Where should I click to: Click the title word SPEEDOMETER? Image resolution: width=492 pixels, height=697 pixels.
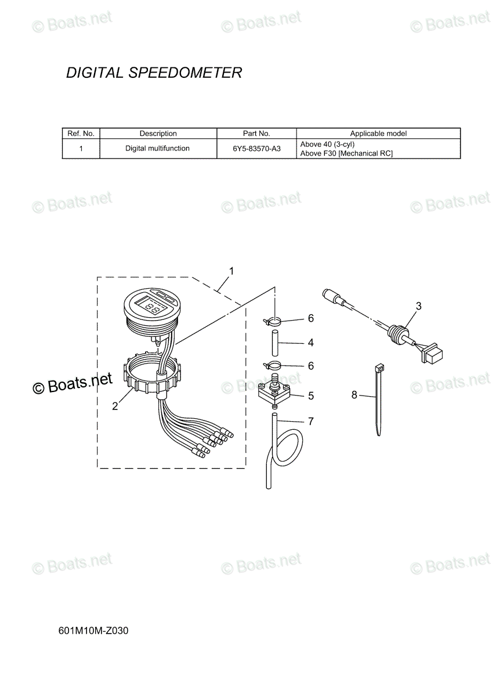click(185, 73)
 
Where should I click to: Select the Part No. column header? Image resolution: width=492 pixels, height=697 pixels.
click(256, 134)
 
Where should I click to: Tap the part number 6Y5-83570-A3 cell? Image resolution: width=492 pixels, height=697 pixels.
click(256, 149)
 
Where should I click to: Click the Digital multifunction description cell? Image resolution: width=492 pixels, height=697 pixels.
click(157, 149)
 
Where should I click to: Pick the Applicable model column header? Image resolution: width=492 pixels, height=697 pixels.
click(378, 134)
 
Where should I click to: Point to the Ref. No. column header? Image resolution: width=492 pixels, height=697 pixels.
click(81, 134)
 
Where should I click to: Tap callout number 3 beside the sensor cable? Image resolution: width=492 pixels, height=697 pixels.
click(419, 306)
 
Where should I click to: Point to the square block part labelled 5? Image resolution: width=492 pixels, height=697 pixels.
click(274, 393)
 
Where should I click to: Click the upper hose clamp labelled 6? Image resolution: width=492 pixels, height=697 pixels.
click(273, 321)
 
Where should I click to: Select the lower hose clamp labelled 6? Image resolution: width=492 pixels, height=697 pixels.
click(273, 364)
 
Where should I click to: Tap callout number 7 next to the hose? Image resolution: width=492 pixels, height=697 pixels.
click(311, 421)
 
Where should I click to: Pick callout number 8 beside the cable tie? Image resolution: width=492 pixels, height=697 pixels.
click(354, 395)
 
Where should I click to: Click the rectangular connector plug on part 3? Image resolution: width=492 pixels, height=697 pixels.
click(433, 353)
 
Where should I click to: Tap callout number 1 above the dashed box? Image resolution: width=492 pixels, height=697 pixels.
click(231, 271)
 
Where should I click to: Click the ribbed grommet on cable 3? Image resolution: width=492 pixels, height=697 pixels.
click(396, 332)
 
